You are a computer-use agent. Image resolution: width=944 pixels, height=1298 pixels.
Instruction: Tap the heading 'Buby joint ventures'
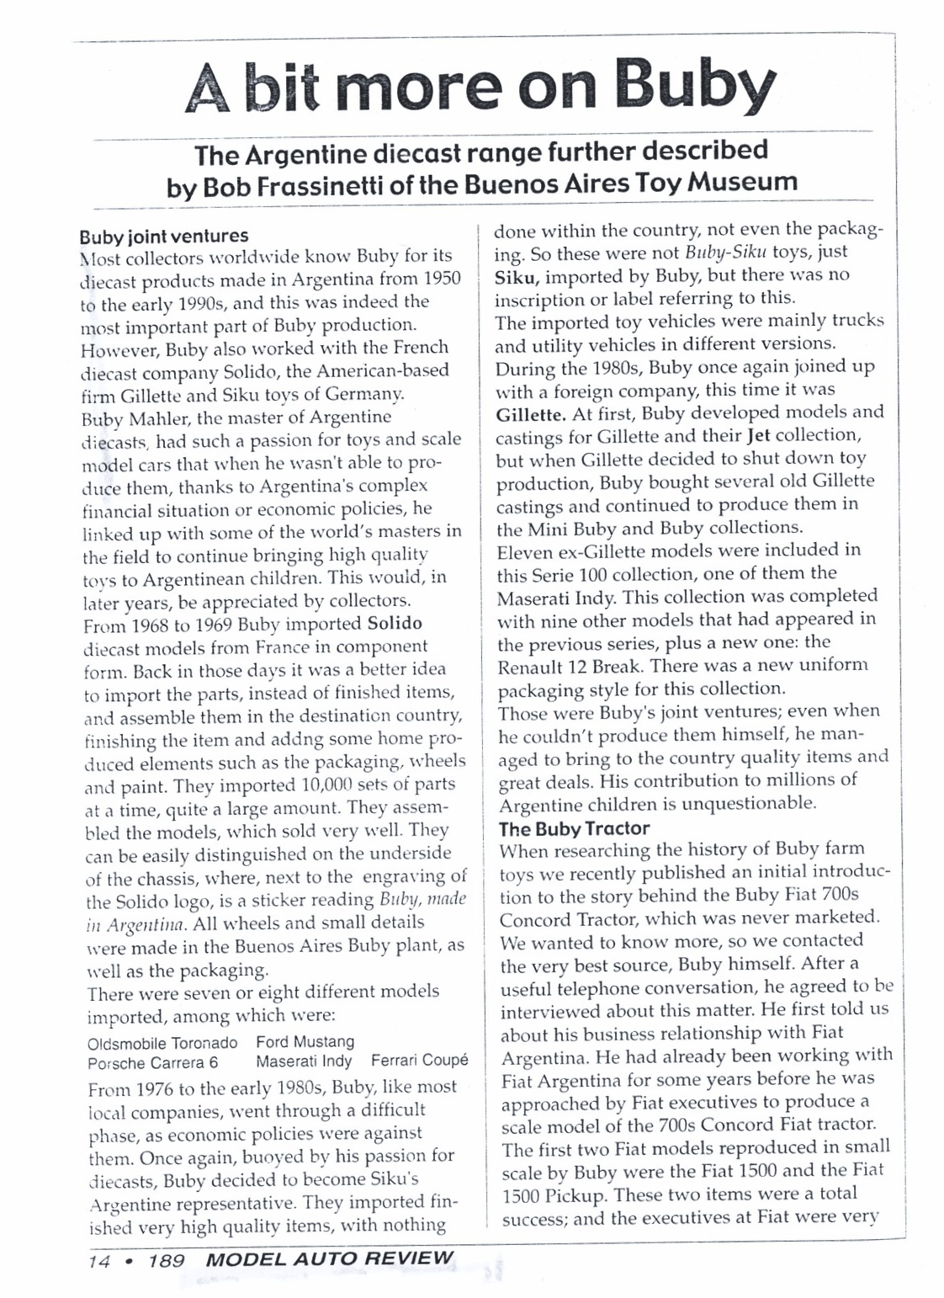coord(163,236)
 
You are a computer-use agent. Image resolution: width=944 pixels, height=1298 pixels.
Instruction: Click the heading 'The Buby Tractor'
coord(574,828)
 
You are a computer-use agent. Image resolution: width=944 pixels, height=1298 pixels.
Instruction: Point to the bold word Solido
coord(395,624)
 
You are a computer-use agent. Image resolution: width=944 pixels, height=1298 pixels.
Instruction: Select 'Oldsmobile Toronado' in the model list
coord(162,1043)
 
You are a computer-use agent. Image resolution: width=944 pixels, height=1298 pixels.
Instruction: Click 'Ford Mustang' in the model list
coord(305,1043)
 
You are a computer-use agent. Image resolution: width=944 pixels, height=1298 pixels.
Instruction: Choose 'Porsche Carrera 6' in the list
coord(157,1062)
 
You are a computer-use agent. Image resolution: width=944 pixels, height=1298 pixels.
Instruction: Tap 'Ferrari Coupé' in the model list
coord(419,1061)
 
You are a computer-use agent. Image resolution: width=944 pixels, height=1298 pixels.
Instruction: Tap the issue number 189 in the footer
coord(166,1260)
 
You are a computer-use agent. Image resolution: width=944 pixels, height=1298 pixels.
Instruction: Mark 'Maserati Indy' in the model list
coord(304,1061)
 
